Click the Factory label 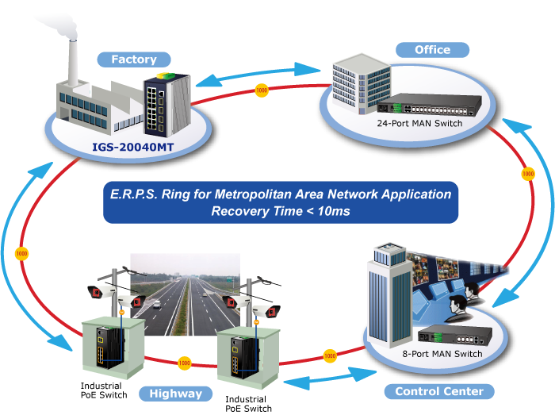pos(133,59)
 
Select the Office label pos(432,50)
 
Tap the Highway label pos(175,394)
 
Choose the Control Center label pos(438,391)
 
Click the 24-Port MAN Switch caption pos(421,123)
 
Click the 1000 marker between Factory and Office pos(262,90)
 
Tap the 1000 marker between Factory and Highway pos(21,253)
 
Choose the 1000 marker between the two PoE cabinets pos(184,363)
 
